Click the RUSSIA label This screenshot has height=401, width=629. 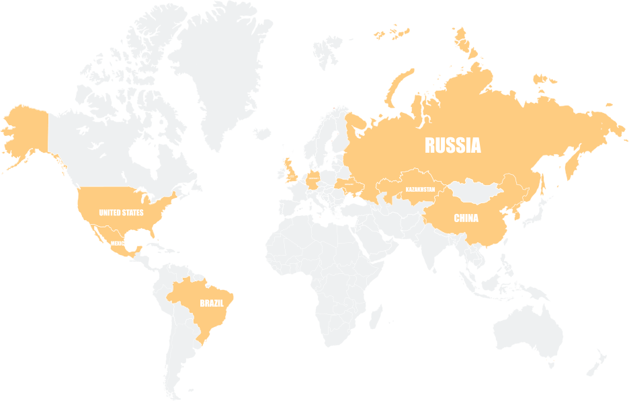(x=452, y=145)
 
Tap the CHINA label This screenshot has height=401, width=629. (x=466, y=218)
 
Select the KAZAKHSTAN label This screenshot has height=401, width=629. (x=420, y=190)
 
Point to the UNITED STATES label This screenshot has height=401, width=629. (x=121, y=213)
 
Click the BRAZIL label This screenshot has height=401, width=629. (x=211, y=303)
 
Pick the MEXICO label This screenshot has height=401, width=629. (x=118, y=243)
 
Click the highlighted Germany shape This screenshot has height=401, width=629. (x=314, y=180)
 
